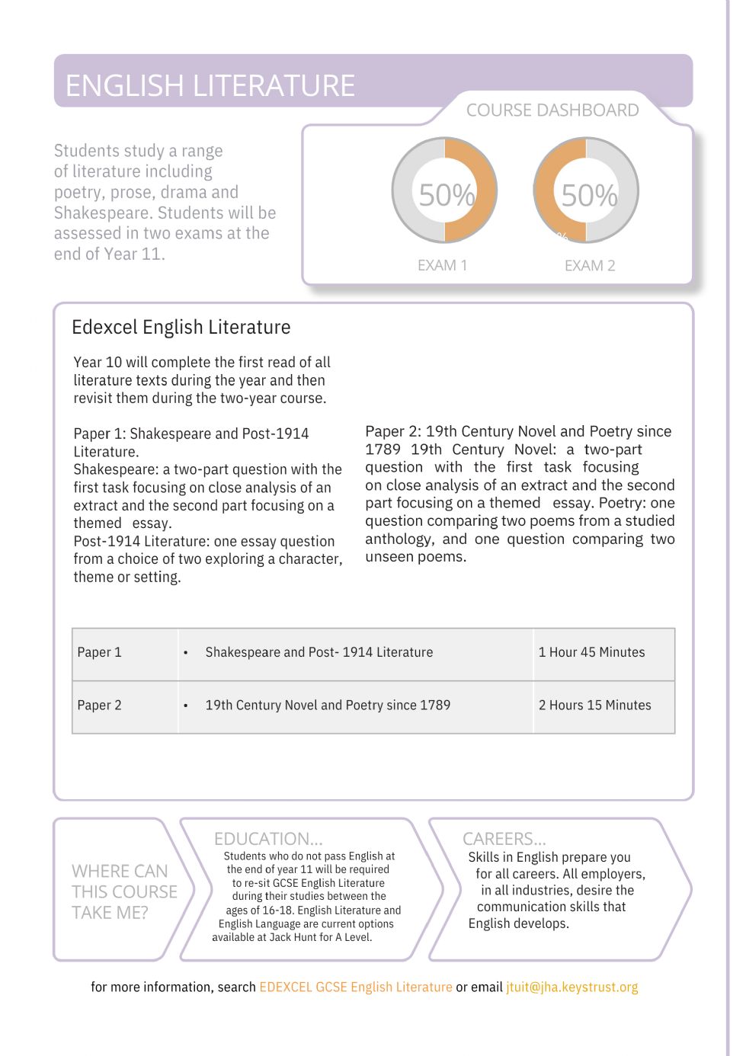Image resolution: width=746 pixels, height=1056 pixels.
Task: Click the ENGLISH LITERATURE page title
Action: (210, 85)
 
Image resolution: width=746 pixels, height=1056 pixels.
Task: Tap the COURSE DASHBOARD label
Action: (552, 110)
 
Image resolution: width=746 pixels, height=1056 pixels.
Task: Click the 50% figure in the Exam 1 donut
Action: (447, 196)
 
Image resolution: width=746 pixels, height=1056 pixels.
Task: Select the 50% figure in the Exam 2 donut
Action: (589, 196)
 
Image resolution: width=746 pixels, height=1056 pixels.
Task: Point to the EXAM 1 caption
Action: (442, 265)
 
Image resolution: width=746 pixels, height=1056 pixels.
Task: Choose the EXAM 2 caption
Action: (590, 265)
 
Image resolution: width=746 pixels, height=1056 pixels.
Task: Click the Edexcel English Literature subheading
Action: (181, 328)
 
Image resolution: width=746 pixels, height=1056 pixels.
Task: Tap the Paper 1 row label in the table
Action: (100, 652)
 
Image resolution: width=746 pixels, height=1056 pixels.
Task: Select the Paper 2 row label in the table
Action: (100, 706)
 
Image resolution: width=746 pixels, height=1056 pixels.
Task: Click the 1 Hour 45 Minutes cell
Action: (591, 652)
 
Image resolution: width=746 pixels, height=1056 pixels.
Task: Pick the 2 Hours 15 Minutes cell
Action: (594, 706)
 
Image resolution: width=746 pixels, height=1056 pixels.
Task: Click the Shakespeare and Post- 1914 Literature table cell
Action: (319, 652)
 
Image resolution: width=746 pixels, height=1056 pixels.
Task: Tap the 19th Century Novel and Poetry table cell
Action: (328, 706)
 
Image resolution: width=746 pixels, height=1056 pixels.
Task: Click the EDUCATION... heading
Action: (268, 839)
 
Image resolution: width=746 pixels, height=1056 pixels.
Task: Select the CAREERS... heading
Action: (504, 839)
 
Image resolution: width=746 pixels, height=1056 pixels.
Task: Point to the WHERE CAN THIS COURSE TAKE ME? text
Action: (124, 891)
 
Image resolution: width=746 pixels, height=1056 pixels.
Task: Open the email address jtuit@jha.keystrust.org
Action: (572, 987)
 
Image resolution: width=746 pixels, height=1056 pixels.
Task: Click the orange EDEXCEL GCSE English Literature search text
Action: (356, 987)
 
